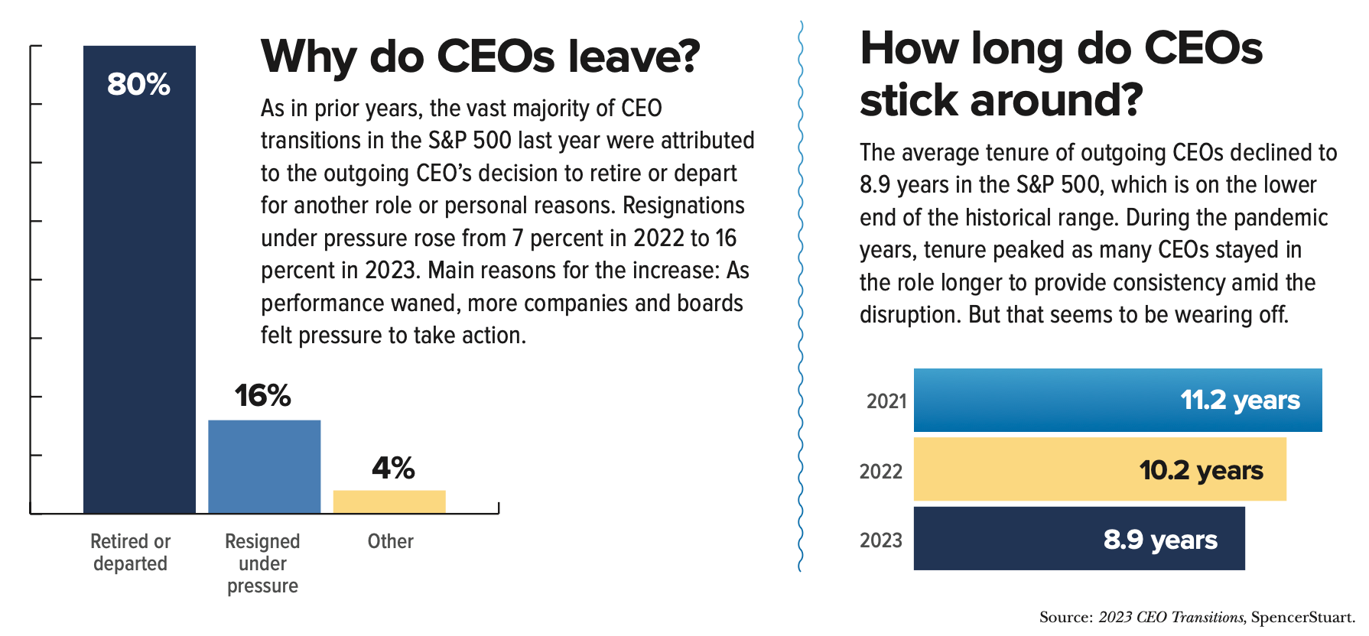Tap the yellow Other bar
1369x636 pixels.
(x=389, y=501)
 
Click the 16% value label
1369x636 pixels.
(x=262, y=395)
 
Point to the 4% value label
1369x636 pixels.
(x=393, y=467)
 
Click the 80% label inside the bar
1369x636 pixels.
(x=138, y=84)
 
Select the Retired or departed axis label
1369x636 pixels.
(x=130, y=552)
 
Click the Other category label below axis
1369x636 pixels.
(x=390, y=541)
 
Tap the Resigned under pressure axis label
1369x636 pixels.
(x=262, y=563)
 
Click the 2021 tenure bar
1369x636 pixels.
(x=1071, y=400)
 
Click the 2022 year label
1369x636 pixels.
(x=881, y=471)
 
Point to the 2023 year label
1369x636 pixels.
(x=881, y=540)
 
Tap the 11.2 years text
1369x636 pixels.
(x=1240, y=400)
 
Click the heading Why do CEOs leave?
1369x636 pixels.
(x=480, y=57)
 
